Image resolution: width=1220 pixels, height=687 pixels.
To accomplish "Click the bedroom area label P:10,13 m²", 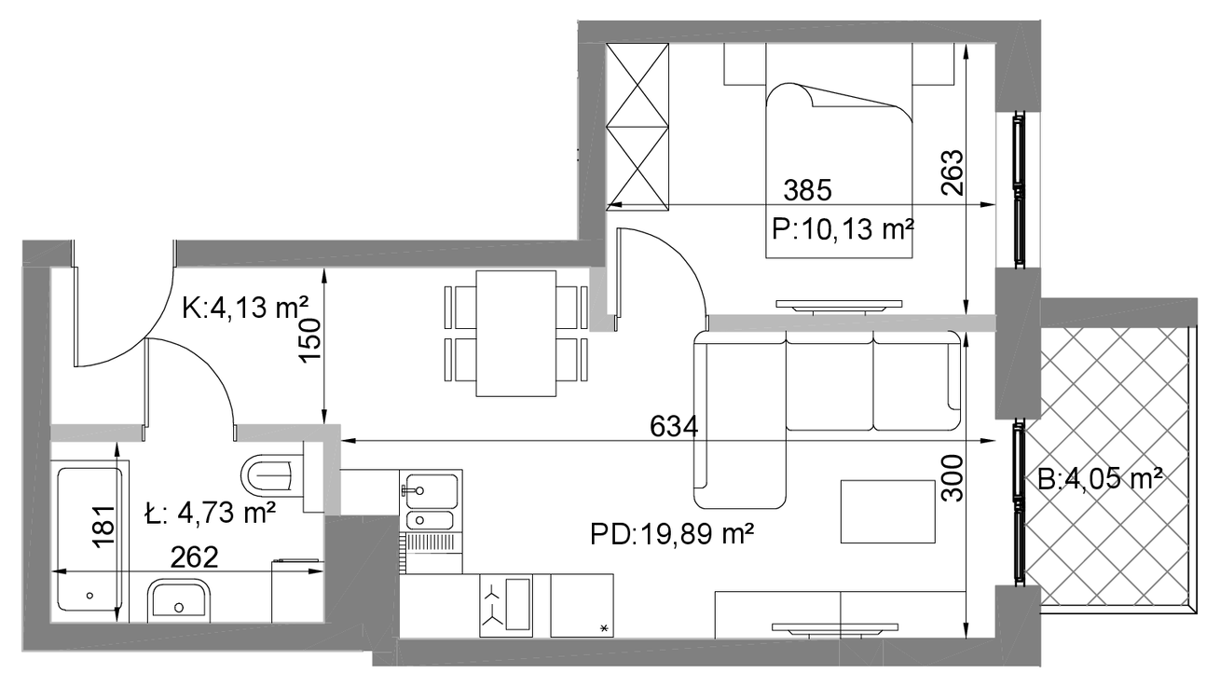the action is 843,229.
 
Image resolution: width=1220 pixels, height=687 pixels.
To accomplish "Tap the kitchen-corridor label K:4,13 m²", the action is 246,308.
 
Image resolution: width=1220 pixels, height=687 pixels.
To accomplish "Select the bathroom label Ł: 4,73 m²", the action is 211,512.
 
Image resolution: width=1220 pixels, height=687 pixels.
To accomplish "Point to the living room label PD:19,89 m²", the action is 672,534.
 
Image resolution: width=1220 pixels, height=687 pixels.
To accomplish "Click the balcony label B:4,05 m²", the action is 1100,479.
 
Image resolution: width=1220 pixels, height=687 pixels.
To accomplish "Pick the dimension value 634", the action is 674,426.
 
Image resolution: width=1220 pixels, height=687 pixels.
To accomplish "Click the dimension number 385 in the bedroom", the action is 808,190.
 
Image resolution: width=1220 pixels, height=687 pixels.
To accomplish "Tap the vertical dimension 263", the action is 953,172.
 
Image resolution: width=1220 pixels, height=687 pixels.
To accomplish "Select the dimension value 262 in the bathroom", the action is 195,557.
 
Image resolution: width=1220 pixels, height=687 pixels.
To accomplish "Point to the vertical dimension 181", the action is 103,527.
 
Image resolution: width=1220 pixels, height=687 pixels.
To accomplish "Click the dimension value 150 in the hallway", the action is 309,340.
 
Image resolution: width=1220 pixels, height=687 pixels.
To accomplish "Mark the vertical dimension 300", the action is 953,478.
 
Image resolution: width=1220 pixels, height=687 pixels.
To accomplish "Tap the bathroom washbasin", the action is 179,600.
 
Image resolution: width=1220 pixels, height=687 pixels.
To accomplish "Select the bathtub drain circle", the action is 89,596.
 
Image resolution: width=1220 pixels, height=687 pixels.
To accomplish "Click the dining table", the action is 515,334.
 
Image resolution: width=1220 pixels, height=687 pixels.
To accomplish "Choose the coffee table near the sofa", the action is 888,512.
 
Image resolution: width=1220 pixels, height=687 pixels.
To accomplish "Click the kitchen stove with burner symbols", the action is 506,605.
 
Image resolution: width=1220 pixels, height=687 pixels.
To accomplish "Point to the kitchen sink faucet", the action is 411,491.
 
